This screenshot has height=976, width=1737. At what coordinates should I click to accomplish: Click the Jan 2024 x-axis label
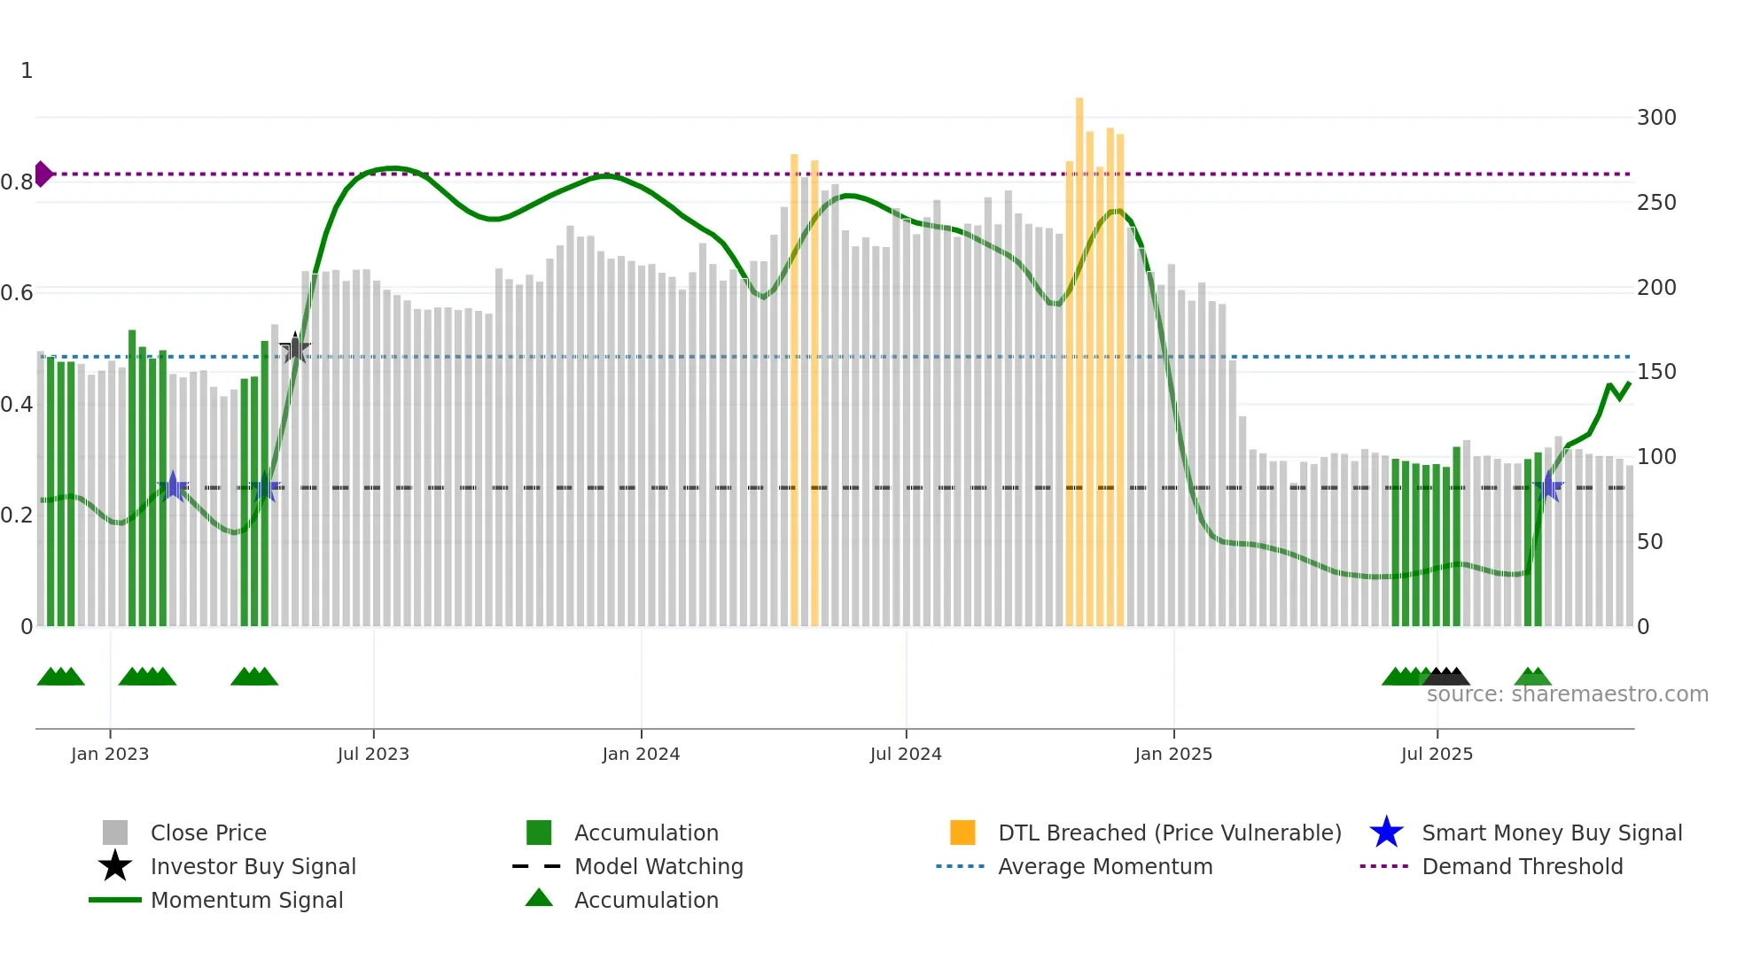[641, 754]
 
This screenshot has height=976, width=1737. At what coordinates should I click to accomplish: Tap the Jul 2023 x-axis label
[373, 754]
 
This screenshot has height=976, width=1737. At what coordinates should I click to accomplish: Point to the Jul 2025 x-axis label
[1437, 754]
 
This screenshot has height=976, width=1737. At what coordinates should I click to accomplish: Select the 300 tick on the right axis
[1656, 118]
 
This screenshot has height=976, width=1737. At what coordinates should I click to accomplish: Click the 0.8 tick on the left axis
[17, 182]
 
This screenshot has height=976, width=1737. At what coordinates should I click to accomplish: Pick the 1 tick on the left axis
[27, 71]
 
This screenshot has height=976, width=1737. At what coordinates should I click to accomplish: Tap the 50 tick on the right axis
[1649, 541]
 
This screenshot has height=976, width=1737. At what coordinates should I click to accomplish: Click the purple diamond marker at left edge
[43, 174]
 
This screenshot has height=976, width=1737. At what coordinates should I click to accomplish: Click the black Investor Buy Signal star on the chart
[295, 349]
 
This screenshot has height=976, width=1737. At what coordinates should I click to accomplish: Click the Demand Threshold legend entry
[1522, 866]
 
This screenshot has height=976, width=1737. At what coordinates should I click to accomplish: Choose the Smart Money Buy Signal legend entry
[1551, 833]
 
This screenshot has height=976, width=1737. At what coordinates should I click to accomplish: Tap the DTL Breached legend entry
[1169, 833]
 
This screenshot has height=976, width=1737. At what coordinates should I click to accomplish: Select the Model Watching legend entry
[658, 866]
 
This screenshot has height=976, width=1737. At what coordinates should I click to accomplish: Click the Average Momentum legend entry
[1104, 866]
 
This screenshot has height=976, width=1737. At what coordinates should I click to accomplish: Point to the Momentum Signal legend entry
[246, 900]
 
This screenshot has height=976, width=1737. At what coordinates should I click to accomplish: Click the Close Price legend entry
[207, 833]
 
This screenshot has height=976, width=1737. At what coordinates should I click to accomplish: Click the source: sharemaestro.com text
[1567, 694]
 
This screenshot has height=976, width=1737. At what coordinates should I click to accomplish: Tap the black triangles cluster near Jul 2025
[1447, 677]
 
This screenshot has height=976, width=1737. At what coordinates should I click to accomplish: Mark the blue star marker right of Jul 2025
[1548, 486]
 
